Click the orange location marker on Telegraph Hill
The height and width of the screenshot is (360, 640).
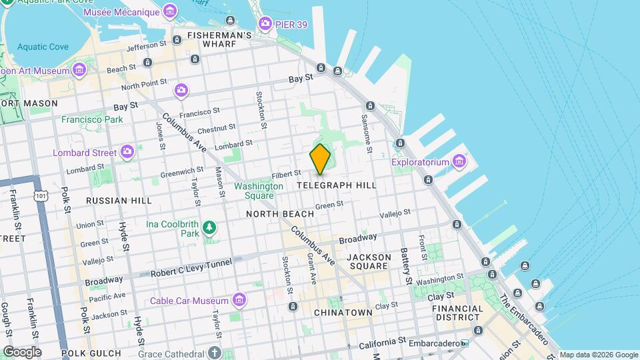click(320, 159)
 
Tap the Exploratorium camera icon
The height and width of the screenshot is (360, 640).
click(459, 161)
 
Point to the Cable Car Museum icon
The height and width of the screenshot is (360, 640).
click(239, 301)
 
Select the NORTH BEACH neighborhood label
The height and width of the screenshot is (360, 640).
click(279, 214)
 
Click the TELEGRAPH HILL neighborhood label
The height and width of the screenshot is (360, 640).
click(337, 185)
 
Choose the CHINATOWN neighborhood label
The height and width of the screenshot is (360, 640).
click(343, 312)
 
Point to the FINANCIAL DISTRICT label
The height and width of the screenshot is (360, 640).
click(457, 313)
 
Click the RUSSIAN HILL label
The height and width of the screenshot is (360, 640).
click(119, 200)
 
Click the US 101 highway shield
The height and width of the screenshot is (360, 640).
click(41, 195)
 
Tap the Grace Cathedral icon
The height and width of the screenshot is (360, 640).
click(214, 352)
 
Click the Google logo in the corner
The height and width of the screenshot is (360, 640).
click(22, 352)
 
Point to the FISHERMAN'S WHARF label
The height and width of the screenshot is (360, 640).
click(219, 40)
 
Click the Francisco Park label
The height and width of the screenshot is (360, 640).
click(92, 120)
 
